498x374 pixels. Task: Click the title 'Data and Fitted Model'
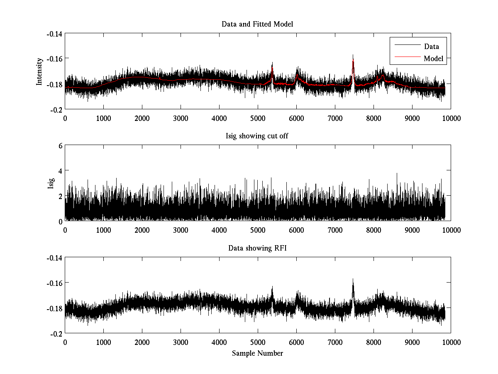[x=257, y=24]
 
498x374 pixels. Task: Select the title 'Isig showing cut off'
[x=257, y=136]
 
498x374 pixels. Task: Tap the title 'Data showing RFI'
[x=257, y=249]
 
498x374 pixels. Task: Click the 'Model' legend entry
[x=433, y=59]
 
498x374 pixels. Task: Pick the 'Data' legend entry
[x=431, y=47]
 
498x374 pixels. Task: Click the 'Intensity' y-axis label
[x=39, y=71]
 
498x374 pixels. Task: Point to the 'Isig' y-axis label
[x=51, y=183]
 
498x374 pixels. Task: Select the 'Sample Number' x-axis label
[x=257, y=353]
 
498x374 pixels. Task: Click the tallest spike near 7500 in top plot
[x=353, y=55]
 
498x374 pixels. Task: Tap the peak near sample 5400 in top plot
[x=272, y=63]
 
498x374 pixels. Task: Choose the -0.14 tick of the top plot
[x=54, y=34]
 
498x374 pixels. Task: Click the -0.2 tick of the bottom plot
[x=56, y=334]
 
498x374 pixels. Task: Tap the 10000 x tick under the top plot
[x=451, y=118]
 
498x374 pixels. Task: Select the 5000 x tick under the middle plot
[x=258, y=230]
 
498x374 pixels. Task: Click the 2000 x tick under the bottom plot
[x=142, y=342]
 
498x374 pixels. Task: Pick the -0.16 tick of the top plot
[x=54, y=59]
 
